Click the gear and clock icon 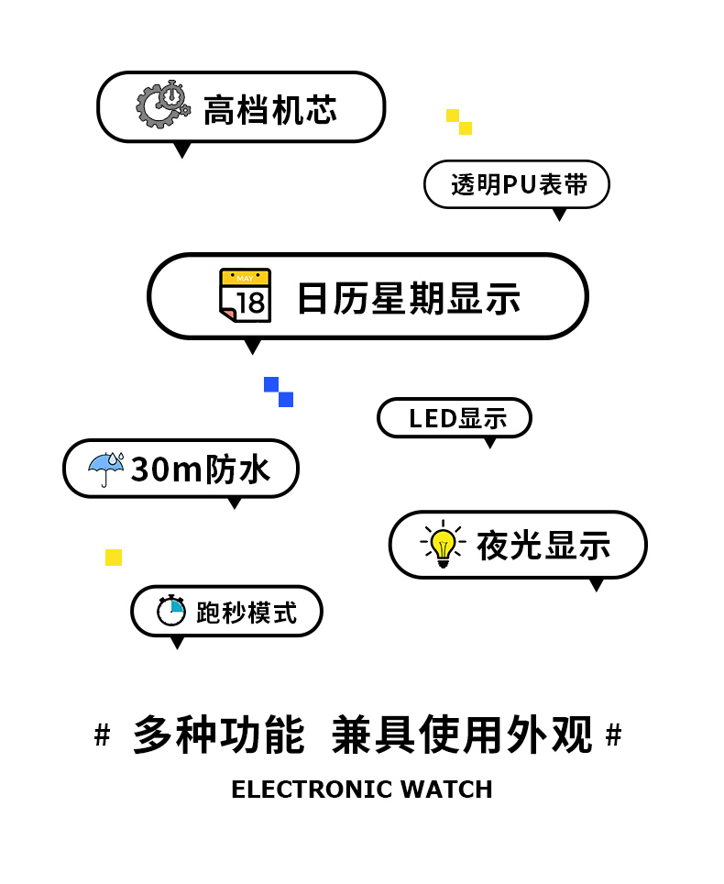(163, 105)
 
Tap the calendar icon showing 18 (246, 295)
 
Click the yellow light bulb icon (443, 545)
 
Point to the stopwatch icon (171, 611)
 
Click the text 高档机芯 (269, 109)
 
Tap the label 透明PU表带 (518, 185)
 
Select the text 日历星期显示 (409, 299)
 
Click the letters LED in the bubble (433, 419)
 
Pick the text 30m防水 (201, 470)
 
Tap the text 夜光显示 (543, 546)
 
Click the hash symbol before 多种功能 (103, 735)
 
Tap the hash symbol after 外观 (614, 735)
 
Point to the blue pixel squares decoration (279, 392)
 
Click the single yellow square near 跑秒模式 (114, 558)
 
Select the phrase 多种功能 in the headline (218, 735)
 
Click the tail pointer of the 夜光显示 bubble (597, 584)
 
